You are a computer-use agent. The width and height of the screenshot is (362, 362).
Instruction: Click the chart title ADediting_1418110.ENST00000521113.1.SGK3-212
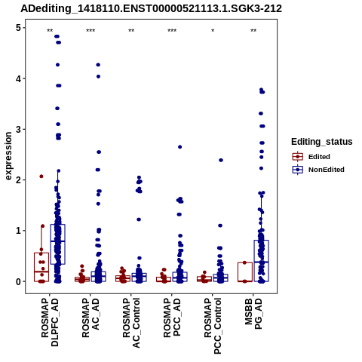tap(151, 9)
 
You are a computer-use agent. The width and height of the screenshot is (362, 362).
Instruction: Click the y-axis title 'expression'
tap(8, 156)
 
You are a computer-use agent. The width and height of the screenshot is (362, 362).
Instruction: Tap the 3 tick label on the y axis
tap(19, 129)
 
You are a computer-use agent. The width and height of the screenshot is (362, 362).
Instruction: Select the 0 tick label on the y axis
tap(19, 281)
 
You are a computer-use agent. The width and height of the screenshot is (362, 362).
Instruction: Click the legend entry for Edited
tap(311, 157)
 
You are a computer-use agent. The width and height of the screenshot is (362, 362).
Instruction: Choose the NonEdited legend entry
tap(318, 170)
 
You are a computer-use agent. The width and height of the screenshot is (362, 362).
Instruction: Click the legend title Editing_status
tap(322, 142)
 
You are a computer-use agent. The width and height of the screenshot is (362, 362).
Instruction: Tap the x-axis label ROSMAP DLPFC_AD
tap(50, 322)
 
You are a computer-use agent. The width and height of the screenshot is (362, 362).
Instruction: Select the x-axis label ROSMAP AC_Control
tap(131, 323)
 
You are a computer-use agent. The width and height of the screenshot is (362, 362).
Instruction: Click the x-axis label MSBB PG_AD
tap(253, 314)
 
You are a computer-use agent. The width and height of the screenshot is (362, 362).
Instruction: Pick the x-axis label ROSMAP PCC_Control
tap(213, 326)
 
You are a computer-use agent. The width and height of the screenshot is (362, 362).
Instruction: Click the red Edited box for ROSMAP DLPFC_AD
tap(41, 267)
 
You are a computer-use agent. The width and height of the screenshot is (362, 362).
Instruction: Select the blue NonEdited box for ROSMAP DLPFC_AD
tap(58, 244)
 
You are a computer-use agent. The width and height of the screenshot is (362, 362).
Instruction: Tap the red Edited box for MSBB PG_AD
tap(245, 271)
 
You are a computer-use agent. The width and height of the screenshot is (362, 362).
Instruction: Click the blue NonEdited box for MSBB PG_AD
tap(261, 261)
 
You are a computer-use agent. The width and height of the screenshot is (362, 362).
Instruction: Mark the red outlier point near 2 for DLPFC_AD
tap(41, 176)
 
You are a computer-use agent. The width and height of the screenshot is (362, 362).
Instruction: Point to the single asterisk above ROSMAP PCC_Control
tap(213, 31)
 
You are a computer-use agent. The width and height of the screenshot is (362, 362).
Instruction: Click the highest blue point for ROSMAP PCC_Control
tap(221, 160)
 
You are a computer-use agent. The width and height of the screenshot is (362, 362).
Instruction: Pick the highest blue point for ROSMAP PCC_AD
tap(180, 147)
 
